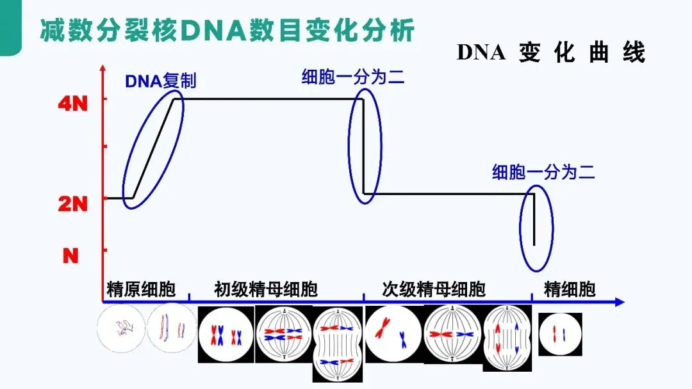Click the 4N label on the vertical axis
tap(72, 104)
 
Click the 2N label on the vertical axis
tap(72, 203)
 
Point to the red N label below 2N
tap(71, 256)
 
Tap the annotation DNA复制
tap(160, 81)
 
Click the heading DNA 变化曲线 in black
tap(550, 53)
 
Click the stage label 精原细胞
tap(141, 289)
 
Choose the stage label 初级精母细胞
tap(265, 289)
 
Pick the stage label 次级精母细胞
tap(434, 289)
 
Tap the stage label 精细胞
tap(570, 289)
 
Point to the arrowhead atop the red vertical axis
tap(103, 68)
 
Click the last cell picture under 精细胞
tap(560, 334)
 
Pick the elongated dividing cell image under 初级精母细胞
tap(338, 345)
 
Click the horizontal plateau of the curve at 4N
tap(269, 99)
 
